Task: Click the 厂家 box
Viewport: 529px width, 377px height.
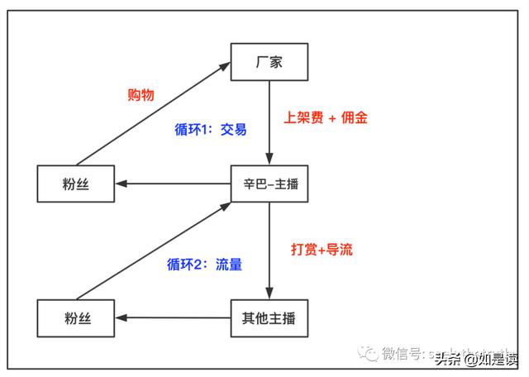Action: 269,61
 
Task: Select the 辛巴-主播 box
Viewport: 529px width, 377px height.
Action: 269,184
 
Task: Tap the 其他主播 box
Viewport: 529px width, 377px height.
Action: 269,317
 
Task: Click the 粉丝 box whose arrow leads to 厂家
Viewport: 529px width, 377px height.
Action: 76,184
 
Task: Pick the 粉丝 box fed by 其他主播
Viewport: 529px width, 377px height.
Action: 76,317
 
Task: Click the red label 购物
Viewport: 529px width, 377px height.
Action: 141,94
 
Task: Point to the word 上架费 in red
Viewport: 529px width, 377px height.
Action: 303,117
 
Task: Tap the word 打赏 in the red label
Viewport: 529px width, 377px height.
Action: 304,249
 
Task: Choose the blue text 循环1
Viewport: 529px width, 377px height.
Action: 193,130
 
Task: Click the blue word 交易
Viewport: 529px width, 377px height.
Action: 233,130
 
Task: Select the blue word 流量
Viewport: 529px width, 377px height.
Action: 229,265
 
